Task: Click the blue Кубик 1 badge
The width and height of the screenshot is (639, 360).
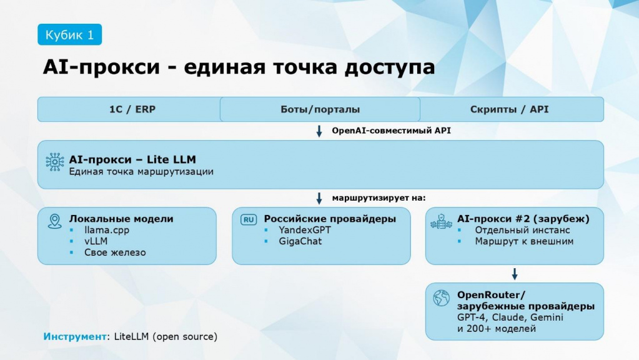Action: coord(70,34)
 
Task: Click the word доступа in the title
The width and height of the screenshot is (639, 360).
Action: coord(390,67)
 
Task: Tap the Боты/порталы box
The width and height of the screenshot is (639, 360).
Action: coord(320,109)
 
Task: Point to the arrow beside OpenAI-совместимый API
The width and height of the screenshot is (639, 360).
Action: coord(319,131)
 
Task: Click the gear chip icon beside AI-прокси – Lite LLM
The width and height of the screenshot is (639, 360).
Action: coord(55,162)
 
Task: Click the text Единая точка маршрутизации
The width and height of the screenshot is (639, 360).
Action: coord(141,172)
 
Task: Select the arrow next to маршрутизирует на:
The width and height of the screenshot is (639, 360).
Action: coord(319,198)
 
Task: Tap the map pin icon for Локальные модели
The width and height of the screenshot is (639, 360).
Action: coord(54,221)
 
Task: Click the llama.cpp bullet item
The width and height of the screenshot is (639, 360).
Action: coord(107,231)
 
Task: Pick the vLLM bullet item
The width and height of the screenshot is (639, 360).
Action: coord(96,241)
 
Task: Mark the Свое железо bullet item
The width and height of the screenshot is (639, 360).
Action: coord(115,252)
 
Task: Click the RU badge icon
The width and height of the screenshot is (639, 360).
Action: coord(249,220)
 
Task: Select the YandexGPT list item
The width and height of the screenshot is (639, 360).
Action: coord(305,231)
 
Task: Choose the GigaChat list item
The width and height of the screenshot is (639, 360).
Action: coord(300,241)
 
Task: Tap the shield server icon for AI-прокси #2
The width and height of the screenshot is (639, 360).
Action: coord(442,221)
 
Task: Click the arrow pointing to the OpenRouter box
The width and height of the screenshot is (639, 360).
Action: coord(515,274)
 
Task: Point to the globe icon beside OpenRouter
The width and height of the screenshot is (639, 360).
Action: coord(442,298)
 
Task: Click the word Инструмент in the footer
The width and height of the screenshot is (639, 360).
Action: coord(75,337)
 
